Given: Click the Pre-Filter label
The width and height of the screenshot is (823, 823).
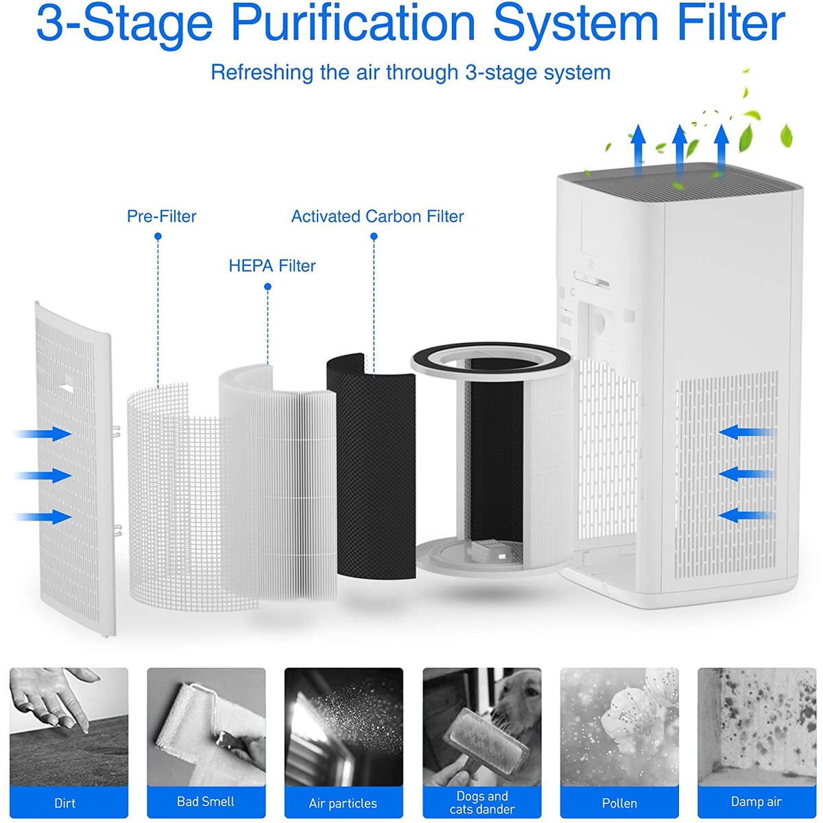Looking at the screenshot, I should [x=161, y=217].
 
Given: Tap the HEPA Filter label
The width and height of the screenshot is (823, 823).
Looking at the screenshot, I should [x=272, y=266].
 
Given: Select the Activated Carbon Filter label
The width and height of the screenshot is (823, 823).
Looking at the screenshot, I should [x=377, y=217].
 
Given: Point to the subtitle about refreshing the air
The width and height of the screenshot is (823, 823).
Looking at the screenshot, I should [x=410, y=72].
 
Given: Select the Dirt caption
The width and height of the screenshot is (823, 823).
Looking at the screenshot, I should [x=65, y=802].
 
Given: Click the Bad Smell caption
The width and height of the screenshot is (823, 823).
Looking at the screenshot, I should [x=206, y=801].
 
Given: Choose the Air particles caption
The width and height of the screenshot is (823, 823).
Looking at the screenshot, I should [x=343, y=802].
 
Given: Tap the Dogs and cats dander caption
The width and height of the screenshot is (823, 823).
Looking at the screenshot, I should [x=482, y=802].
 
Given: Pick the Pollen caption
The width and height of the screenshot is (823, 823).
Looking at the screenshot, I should [x=619, y=802].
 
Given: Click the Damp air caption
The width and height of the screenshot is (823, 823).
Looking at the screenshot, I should [x=756, y=801].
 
